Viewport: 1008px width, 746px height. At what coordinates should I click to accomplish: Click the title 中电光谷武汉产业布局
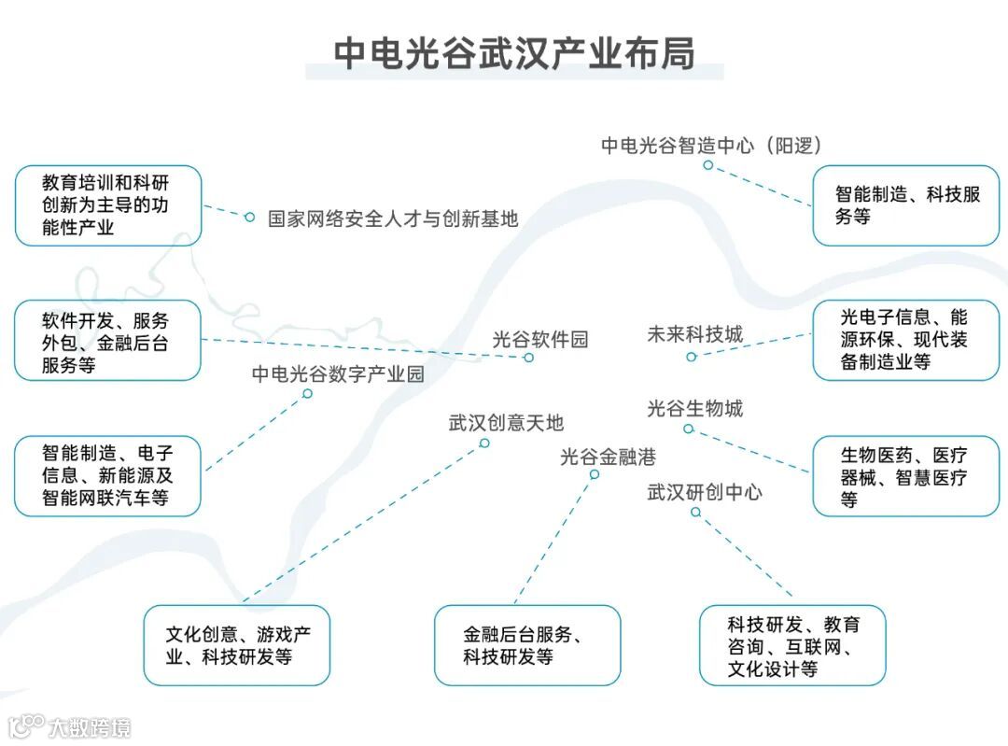(x=514, y=53)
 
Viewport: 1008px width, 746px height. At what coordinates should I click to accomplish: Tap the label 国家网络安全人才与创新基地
(x=393, y=219)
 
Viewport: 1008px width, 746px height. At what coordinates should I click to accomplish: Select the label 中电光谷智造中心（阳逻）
(x=710, y=145)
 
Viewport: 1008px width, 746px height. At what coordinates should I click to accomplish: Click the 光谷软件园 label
(x=540, y=340)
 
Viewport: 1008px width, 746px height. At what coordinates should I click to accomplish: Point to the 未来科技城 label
(x=694, y=334)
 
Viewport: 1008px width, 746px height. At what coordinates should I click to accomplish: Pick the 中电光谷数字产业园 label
(x=338, y=374)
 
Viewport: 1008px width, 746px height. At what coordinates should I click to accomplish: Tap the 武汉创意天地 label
(x=506, y=423)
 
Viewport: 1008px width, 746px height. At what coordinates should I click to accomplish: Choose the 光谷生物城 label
(x=694, y=408)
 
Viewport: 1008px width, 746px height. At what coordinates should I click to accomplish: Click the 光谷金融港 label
(x=608, y=457)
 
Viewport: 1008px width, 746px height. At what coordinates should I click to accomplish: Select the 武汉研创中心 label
(x=704, y=492)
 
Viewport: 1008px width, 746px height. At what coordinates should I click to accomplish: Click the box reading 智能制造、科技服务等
(x=905, y=205)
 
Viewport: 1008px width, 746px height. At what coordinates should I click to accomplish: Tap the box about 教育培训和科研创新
(x=107, y=205)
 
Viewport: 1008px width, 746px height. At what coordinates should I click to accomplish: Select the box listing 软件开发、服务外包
(x=107, y=341)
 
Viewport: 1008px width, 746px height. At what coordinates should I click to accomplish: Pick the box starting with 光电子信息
(x=905, y=341)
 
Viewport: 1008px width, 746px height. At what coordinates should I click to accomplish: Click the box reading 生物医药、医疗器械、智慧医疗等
(x=905, y=476)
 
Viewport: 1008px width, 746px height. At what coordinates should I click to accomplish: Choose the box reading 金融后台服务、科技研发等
(x=526, y=644)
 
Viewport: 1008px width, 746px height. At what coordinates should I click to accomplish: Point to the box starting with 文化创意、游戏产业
(x=236, y=644)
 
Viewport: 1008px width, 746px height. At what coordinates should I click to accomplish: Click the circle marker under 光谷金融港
(x=594, y=474)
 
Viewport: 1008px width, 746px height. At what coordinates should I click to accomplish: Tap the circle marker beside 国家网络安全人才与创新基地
(x=249, y=217)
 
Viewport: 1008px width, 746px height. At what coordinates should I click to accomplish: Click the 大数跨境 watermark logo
(x=70, y=725)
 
